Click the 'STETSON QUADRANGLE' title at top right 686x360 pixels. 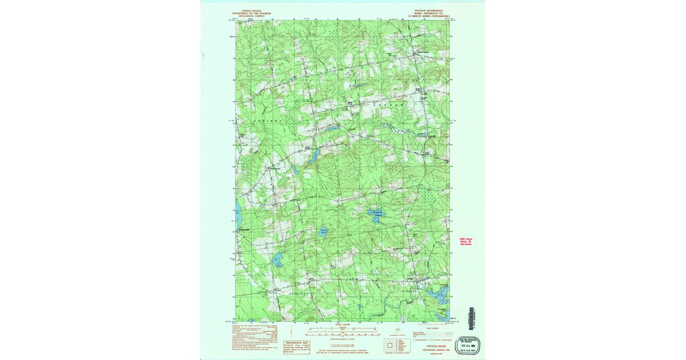[x=432, y=11]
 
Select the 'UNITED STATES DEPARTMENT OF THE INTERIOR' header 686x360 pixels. [x=251, y=13]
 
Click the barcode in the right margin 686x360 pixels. [x=472, y=318]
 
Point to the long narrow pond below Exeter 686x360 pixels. [x=313, y=155]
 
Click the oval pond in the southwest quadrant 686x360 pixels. [x=277, y=261]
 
